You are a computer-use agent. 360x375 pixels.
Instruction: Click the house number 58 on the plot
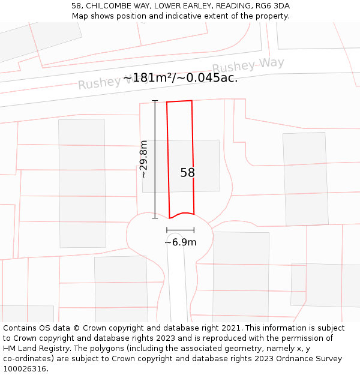click(187, 173)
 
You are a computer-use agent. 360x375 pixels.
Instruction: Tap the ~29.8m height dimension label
click(143, 159)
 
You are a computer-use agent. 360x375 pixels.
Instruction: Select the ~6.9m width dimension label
click(181, 242)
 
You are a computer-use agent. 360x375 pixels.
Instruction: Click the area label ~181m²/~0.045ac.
click(180, 78)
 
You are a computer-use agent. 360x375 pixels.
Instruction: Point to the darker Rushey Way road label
click(248, 65)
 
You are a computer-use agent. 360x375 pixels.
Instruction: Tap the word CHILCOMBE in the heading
click(109, 6)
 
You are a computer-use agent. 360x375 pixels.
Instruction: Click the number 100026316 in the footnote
click(24, 368)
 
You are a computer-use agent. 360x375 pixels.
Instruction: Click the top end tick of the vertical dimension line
click(155, 101)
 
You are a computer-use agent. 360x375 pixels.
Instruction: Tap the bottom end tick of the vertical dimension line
click(155, 218)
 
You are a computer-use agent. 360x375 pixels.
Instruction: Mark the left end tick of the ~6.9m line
click(167, 230)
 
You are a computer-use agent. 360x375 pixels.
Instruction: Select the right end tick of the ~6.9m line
click(194, 230)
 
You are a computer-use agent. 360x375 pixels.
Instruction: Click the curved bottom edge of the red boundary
click(182, 214)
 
